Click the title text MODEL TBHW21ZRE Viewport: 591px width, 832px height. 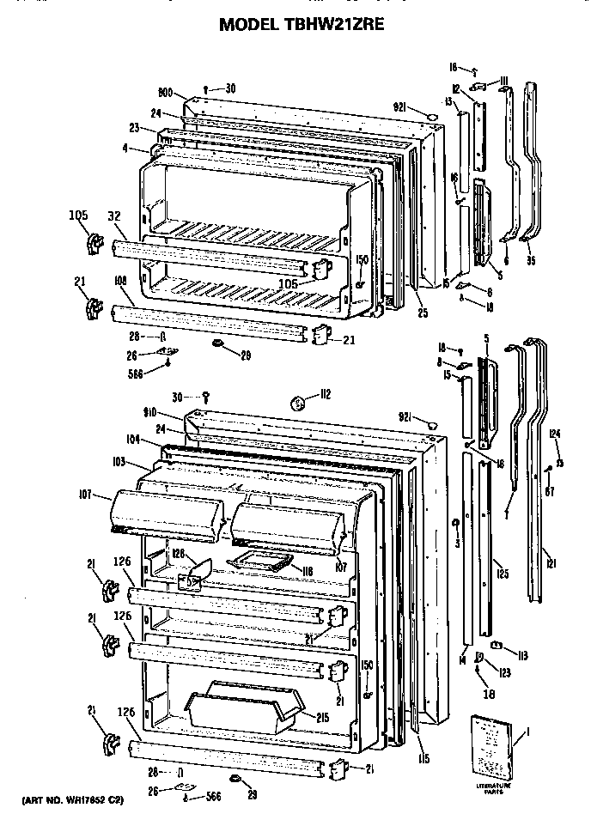295,25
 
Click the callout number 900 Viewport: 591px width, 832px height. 166,93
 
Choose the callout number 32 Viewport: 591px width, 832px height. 113,216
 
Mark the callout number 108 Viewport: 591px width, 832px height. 119,280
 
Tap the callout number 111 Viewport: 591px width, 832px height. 503,81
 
